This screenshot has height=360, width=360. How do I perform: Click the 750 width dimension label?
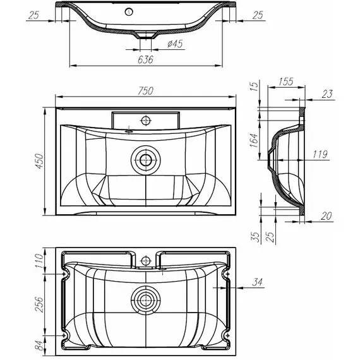click(145, 91)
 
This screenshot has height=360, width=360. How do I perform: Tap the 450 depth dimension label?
click(40, 162)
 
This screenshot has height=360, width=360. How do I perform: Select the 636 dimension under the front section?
click(145, 60)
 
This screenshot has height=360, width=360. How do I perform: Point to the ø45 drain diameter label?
click(175, 44)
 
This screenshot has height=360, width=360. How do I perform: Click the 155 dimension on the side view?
click(286, 81)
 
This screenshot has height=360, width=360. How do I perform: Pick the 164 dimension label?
click(254, 140)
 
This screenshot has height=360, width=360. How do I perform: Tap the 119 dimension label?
click(320, 154)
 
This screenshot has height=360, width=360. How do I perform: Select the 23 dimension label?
click(327, 94)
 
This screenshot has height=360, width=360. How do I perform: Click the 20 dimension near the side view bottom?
click(327, 216)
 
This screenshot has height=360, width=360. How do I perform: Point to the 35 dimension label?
click(255, 237)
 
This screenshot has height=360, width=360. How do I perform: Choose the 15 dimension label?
click(254, 87)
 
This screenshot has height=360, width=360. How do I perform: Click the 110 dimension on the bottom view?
click(39, 261)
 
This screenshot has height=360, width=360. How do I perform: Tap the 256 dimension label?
click(39, 304)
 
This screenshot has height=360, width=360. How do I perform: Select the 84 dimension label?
click(39, 346)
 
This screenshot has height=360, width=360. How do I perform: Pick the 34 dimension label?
click(257, 282)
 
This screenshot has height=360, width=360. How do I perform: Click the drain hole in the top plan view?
click(145, 160)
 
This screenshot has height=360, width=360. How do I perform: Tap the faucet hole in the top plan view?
click(145, 120)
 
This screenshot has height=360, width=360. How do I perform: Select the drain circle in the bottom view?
click(145, 300)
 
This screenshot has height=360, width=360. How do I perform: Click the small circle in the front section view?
click(129, 12)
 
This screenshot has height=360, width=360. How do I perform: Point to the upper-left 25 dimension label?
click(33, 15)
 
